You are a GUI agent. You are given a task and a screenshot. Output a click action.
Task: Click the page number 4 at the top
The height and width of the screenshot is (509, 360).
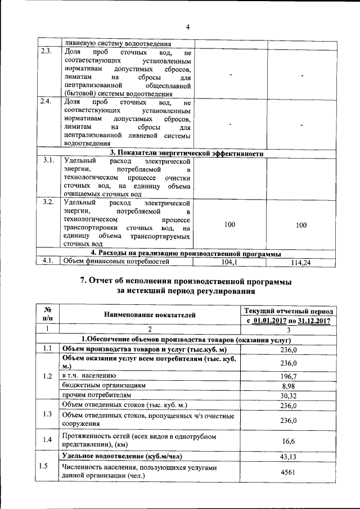188,26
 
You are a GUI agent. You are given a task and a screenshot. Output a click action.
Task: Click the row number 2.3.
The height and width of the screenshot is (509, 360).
47,52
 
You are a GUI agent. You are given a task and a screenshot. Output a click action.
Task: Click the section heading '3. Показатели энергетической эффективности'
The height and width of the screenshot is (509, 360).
187,153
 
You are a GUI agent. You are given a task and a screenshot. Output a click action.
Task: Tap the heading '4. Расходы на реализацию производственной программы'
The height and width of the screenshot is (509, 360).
187,254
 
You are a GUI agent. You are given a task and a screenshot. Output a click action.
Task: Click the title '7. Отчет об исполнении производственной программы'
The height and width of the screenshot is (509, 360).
186,281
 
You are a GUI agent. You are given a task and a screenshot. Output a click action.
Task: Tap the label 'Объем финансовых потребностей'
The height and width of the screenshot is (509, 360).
116,262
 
